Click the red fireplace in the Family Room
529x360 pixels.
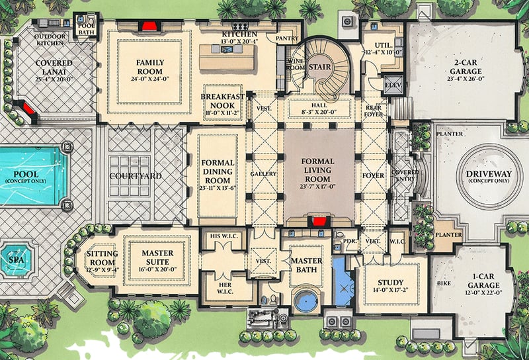(x=149, y=26)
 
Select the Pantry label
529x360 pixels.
(x=287, y=39)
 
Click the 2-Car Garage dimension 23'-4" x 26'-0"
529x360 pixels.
(x=462, y=77)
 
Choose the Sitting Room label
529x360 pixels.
(x=102, y=259)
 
